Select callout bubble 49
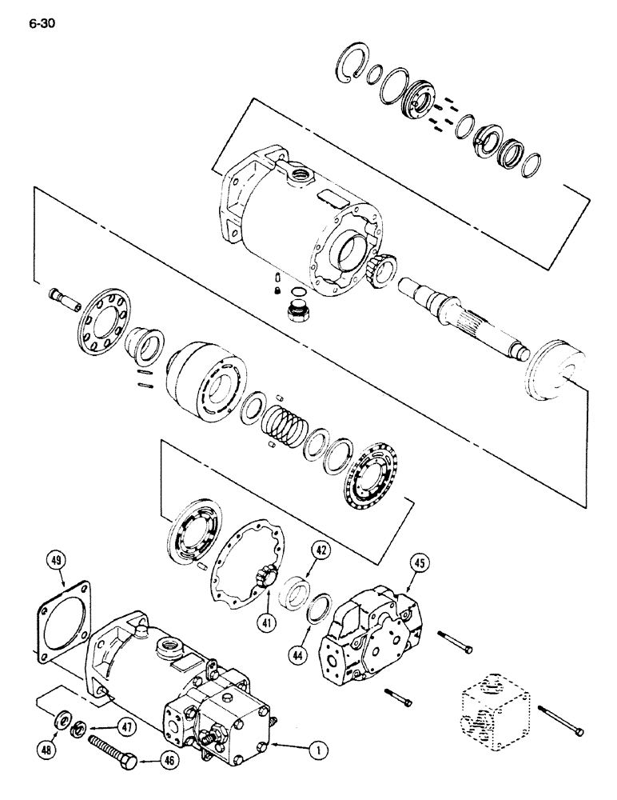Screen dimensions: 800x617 tap(55, 558)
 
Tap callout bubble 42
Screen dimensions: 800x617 tap(320, 550)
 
